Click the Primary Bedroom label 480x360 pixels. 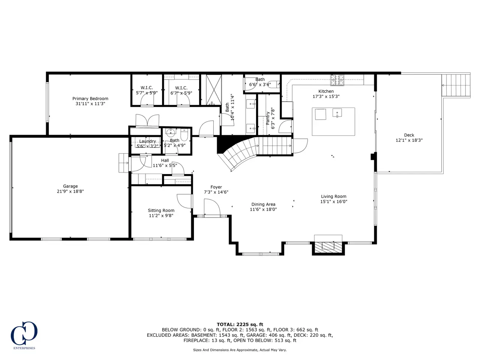click(90, 99)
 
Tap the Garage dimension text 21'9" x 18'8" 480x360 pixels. click(70, 191)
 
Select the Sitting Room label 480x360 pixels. click(161, 210)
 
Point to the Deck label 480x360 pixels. click(409, 135)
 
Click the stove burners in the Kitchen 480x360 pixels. click(337, 80)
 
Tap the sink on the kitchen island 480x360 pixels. click(337, 113)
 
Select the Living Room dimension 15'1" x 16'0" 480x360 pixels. click(333, 201)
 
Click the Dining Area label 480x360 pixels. click(263, 204)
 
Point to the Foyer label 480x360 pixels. click(216, 187)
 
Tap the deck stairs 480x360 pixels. click(456, 85)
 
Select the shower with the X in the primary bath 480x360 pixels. click(214, 90)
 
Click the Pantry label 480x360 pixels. click(268, 118)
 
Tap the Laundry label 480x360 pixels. click(147, 141)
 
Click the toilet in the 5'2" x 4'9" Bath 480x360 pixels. click(184, 135)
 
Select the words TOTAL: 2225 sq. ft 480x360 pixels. click(240, 324)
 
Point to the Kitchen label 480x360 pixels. click(326, 91)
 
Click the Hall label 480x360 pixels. click(165, 160)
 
